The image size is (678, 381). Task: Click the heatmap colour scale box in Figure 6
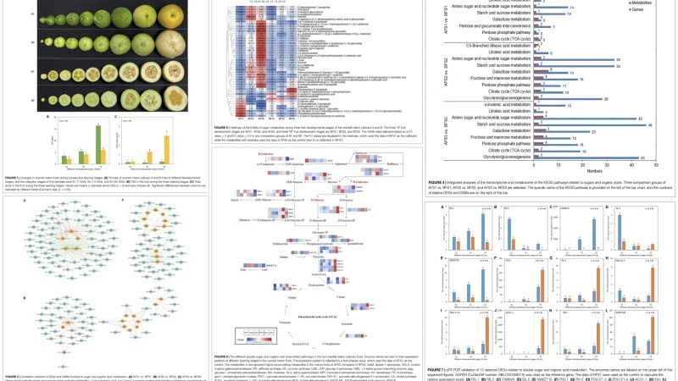(233, 342)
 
